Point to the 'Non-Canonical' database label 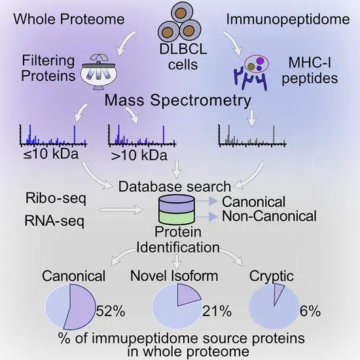[269, 215]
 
